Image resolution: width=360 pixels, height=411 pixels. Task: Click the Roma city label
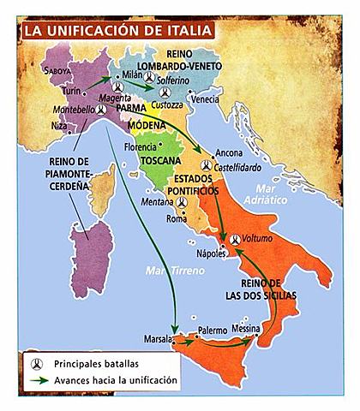click(176, 218)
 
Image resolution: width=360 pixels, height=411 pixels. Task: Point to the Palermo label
click(212, 330)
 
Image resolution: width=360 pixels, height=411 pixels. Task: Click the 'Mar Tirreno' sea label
click(175, 271)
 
